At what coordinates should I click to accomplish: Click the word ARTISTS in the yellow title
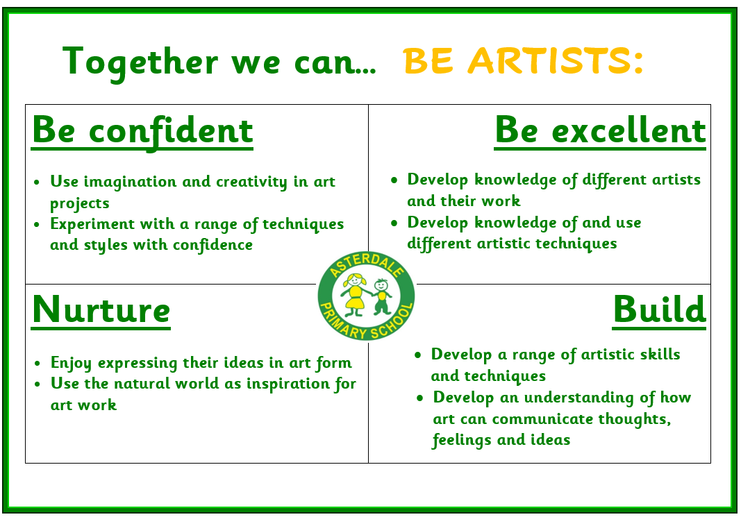coord(556,60)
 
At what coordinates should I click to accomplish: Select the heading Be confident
coord(142,131)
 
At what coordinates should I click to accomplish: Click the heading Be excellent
coord(600,130)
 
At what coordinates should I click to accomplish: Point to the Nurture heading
coord(101,310)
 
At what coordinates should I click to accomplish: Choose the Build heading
coord(660,310)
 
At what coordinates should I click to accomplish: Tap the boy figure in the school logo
coord(381,296)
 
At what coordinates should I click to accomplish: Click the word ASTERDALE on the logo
coord(366,264)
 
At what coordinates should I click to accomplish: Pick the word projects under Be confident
coord(79,203)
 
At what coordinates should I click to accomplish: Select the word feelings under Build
coord(462,441)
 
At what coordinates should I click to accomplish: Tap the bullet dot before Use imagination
coord(37,183)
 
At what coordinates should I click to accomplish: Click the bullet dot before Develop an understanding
coord(419,399)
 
